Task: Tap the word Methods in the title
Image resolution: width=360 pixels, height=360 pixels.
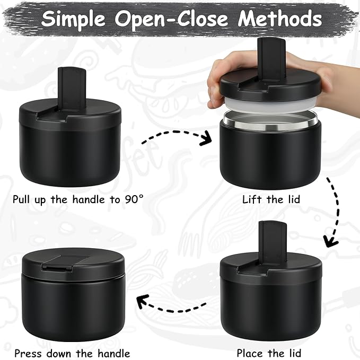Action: pyautogui.click(x=280, y=19)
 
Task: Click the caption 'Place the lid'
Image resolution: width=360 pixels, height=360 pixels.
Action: pyautogui.click(x=270, y=353)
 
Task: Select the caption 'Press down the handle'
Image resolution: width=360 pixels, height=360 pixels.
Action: pyautogui.click(x=72, y=353)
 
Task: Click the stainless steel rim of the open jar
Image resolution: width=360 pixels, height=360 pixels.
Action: pyautogui.click(x=270, y=121)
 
